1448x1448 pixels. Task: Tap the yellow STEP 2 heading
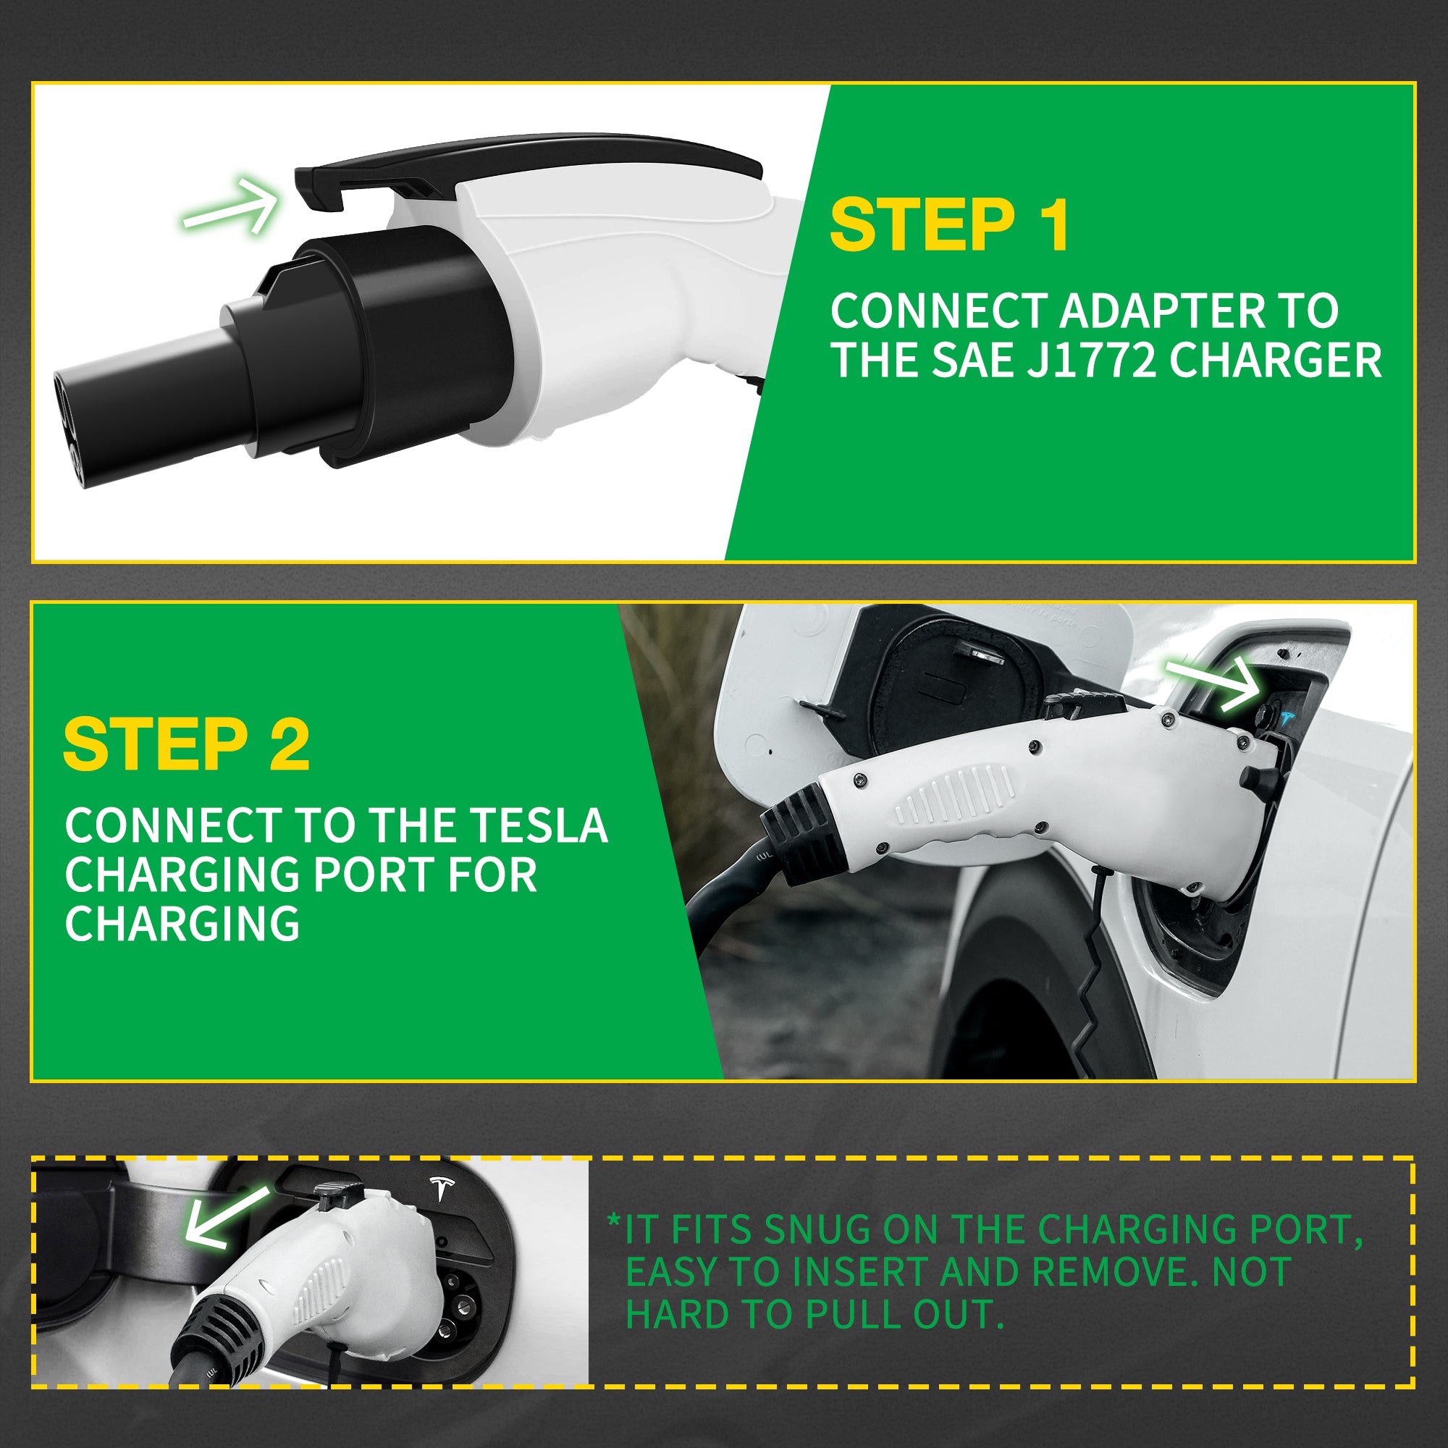[186, 744]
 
